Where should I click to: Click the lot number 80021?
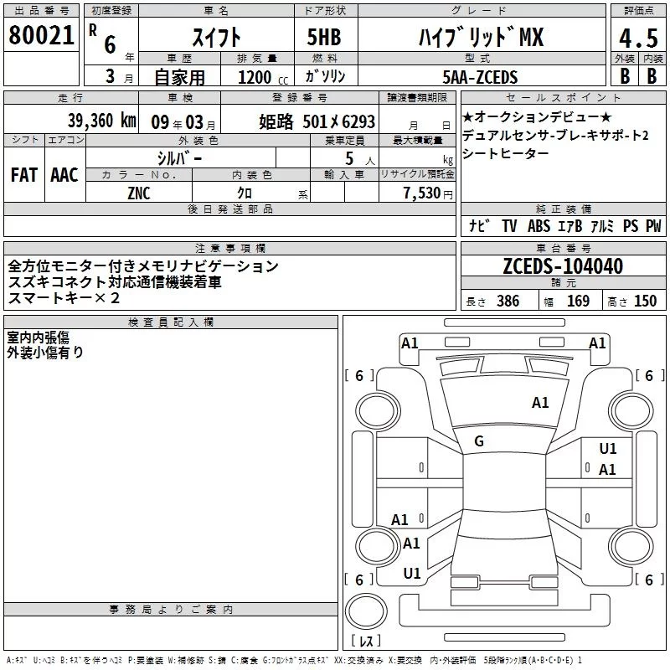[x=41, y=35]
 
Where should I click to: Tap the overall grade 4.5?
[x=638, y=39]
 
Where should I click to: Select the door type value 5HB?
[x=324, y=37]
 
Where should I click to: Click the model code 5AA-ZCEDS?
[x=480, y=77]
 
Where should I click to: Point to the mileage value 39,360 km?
[x=102, y=121]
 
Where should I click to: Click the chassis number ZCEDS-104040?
[x=563, y=266]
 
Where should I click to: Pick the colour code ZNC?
[x=139, y=193]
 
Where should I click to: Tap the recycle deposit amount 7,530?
[x=422, y=193]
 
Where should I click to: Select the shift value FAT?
[x=24, y=175]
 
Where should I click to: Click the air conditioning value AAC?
[x=64, y=175]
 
